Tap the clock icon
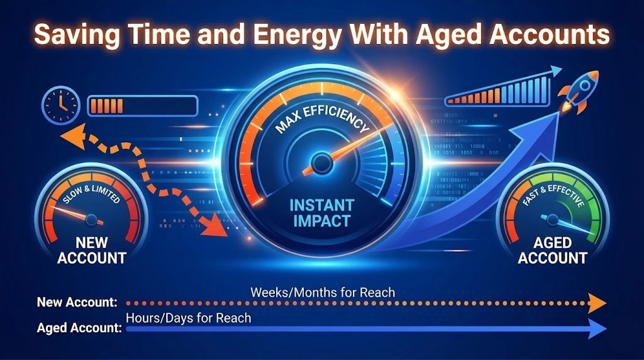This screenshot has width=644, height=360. pyautogui.click(x=60, y=104)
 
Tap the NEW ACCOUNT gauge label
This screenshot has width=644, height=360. pyautogui.click(x=92, y=250)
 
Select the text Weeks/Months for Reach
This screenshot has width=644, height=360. pyautogui.click(x=323, y=292)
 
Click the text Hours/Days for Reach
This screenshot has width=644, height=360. pyautogui.click(x=188, y=318)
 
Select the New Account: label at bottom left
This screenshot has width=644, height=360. pyautogui.click(x=77, y=303)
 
